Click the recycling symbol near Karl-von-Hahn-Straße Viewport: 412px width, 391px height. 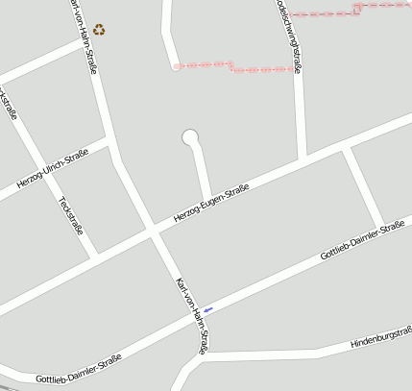tap(100, 30)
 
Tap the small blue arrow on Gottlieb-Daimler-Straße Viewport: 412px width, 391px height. tap(207, 309)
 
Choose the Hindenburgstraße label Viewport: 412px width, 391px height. tap(380, 337)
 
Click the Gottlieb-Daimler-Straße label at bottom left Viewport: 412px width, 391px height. tap(78, 369)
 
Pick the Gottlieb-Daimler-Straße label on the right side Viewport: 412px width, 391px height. tap(362, 242)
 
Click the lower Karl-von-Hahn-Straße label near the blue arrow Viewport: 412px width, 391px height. tap(192, 316)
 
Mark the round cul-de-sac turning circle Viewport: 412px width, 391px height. tap(190, 138)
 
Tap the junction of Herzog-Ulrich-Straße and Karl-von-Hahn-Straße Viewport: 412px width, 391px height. tap(108, 141)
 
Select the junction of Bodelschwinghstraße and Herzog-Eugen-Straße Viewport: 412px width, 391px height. tap(303, 159)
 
